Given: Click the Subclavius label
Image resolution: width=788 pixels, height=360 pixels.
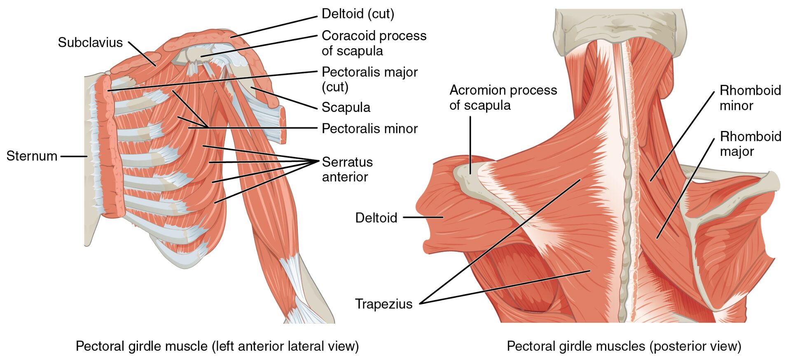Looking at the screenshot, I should (x=90, y=42).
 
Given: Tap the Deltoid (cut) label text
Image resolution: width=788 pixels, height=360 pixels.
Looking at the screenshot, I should (x=358, y=14).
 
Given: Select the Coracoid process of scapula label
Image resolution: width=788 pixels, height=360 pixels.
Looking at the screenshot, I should (x=374, y=43).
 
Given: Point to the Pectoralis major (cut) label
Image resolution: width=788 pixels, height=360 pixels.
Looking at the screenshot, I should (x=369, y=79).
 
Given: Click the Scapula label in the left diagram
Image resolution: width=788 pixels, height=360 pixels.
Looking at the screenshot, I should (x=346, y=108).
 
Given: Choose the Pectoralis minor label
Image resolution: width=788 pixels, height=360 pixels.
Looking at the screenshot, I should (x=369, y=129).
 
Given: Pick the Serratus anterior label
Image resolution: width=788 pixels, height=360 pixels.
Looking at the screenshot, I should (x=347, y=169).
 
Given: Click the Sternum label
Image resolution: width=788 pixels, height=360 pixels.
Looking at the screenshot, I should (x=32, y=156).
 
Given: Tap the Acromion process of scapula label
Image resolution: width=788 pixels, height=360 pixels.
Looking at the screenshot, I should (x=503, y=98).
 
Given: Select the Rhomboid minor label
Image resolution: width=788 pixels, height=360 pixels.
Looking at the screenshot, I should (x=750, y=98).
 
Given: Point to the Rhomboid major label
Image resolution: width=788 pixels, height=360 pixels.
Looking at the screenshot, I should (x=750, y=144).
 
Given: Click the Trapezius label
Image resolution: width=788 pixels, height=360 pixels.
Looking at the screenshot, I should (x=383, y=304).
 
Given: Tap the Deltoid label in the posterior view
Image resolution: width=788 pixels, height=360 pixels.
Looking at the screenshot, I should (x=376, y=217).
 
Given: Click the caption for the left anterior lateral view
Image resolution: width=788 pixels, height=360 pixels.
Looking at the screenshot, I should (x=217, y=346).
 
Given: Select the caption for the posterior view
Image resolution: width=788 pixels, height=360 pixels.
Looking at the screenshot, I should (x=624, y=346).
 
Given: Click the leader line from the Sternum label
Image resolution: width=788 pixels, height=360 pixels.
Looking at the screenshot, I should (x=74, y=156).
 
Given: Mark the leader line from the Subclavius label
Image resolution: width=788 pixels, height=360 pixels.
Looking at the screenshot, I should (x=142, y=54).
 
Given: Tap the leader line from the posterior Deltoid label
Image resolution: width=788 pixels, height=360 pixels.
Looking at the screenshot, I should (x=423, y=217).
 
